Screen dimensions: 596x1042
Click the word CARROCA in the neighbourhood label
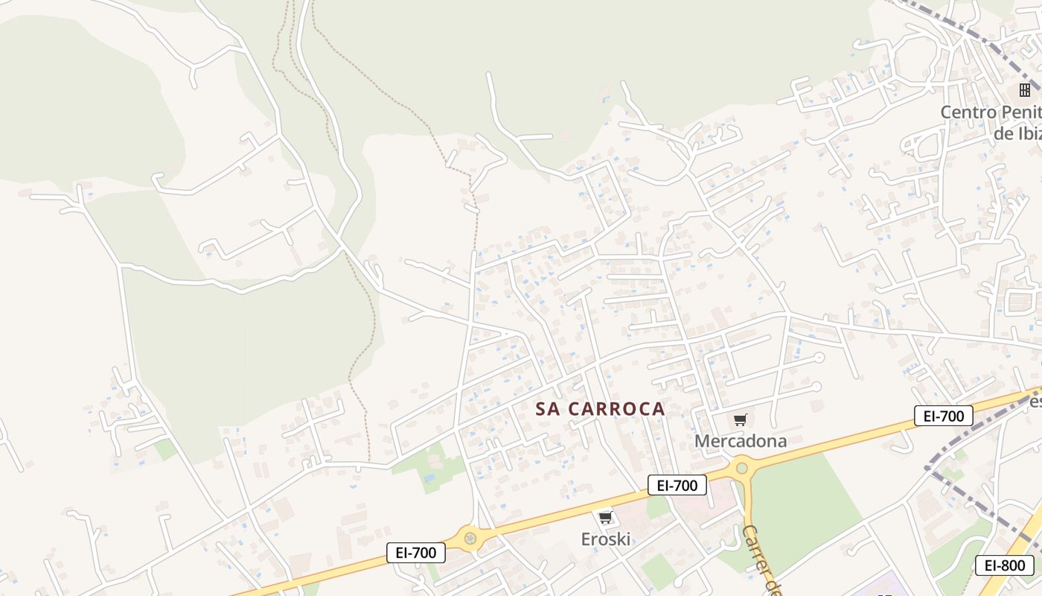(x=616, y=409)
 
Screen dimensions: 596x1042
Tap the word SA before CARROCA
(x=548, y=409)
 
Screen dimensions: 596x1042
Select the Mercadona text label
(x=740, y=441)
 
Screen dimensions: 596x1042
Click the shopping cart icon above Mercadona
(x=740, y=420)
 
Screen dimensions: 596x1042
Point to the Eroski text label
(x=605, y=539)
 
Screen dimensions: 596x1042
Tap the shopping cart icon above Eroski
(x=605, y=518)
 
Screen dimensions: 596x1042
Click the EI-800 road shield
(x=1005, y=565)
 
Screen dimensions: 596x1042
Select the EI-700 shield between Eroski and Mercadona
(x=677, y=486)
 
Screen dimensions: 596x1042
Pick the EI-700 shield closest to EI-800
(x=943, y=416)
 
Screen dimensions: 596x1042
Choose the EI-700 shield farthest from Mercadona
(x=416, y=553)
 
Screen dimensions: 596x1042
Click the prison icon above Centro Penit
(x=1025, y=90)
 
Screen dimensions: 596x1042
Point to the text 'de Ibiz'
(x=1017, y=134)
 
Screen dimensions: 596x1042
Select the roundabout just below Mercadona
(x=741, y=468)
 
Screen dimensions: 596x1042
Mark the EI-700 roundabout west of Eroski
(x=470, y=536)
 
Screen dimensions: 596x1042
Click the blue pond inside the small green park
(x=428, y=478)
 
